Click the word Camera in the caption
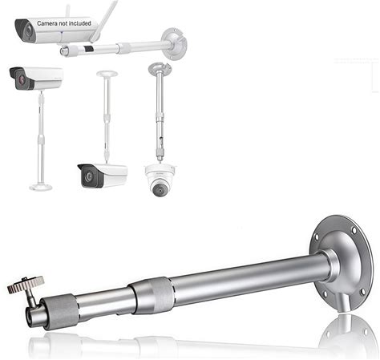coord(47,23)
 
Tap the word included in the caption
coord(79,23)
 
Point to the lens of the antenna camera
coord(27,31)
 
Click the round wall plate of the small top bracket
coord(175,43)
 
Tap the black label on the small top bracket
coord(89,48)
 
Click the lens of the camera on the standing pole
coord(22,79)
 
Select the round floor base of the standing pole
coord(41,188)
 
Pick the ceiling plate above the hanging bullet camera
coord(107,73)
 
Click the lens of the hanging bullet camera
coord(89,176)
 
